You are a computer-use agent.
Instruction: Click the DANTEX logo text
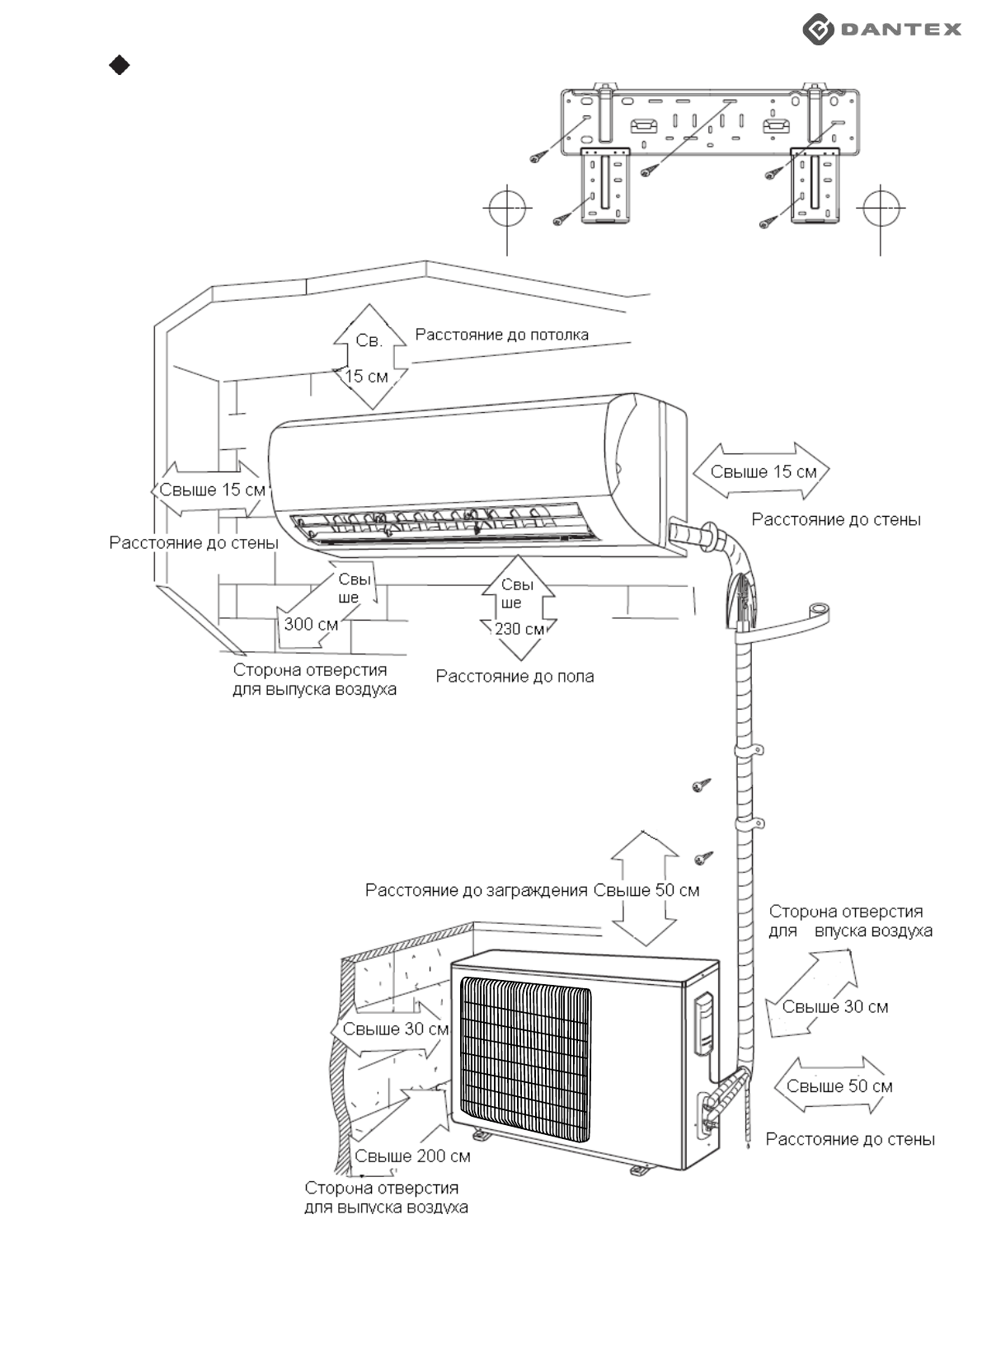pos(900,29)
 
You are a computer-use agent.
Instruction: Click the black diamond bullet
pos(120,65)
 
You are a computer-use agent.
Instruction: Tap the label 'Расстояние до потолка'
pos(501,335)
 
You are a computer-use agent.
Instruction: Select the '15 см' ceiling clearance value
pos(366,377)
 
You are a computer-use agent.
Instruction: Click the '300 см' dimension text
pos(311,624)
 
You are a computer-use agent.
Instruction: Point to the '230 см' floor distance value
pos(519,629)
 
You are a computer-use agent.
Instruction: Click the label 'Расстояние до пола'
pos(514,677)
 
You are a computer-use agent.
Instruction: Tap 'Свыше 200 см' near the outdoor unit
pos(412,1156)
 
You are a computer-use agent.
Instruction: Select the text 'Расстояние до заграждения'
pos(477,890)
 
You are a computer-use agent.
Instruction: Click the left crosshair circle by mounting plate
pos(507,208)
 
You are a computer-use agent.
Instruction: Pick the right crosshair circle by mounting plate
pos(881,208)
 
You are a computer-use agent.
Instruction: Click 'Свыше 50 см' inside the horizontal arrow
pos(839,1085)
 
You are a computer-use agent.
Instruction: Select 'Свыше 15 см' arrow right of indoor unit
pos(760,471)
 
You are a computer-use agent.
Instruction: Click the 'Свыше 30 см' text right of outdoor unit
pos(835,1006)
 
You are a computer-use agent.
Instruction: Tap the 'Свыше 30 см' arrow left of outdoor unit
pos(391,1029)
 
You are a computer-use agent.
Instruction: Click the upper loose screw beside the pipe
pos(702,785)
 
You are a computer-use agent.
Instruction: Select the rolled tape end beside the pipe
pos(820,610)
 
